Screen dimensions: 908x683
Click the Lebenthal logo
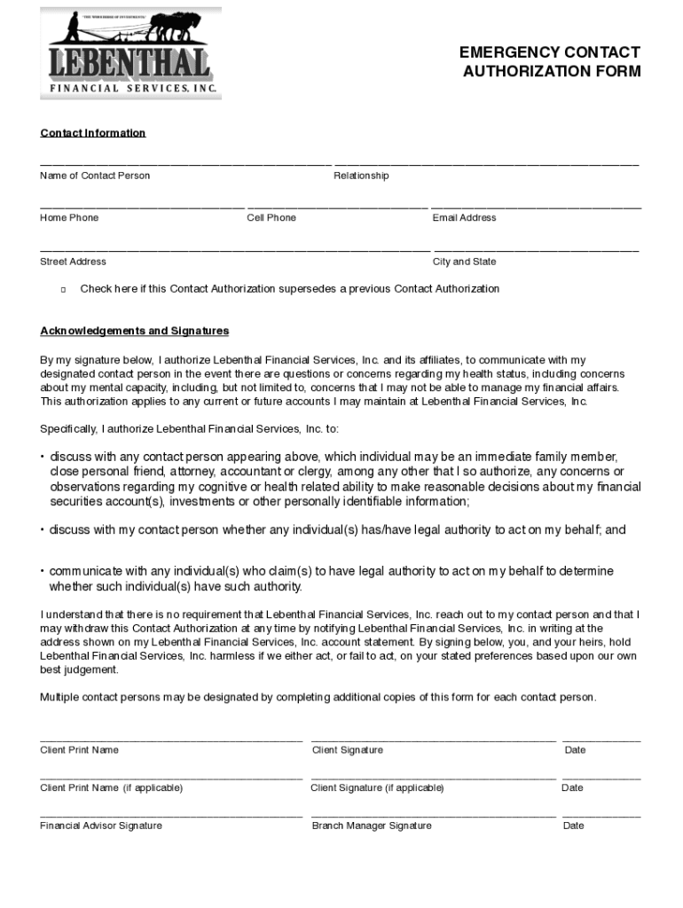click(130, 53)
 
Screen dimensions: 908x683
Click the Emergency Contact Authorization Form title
click(550, 62)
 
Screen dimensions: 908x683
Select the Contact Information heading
click(92, 133)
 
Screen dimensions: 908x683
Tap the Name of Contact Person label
click(95, 176)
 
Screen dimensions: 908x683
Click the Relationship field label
click(361, 176)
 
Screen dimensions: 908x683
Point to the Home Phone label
click(69, 218)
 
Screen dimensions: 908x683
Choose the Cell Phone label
click(271, 218)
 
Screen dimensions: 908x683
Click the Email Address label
click(464, 218)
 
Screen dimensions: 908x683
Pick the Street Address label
click(73, 262)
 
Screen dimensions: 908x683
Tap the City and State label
click(464, 262)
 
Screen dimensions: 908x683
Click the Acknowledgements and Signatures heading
click(134, 331)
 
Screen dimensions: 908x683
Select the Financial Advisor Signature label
click(101, 826)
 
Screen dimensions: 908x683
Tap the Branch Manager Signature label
click(372, 826)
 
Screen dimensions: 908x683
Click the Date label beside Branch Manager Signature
click(573, 826)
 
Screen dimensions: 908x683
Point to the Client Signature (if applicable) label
click(377, 788)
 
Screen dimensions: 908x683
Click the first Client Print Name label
click(79, 750)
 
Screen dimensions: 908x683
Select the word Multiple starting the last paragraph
click(59, 697)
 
